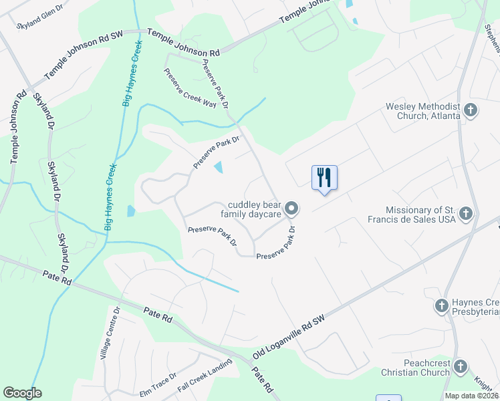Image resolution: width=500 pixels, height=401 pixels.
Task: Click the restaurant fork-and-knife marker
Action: pyautogui.click(x=324, y=178)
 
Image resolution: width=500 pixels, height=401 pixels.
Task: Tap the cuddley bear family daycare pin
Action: pyautogui.click(x=291, y=209)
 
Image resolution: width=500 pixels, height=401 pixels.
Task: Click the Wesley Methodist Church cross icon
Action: pyautogui.click(x=471, y=110)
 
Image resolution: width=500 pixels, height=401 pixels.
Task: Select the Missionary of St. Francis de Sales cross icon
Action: pyautogui.click(x=467, y=214)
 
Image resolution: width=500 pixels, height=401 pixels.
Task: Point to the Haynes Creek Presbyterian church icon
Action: pyautogui.click(x=441, y=306)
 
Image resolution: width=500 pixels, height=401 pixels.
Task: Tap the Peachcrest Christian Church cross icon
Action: pyautogui.click(x=460, y=366)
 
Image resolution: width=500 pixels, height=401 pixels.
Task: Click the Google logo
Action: pyautogui.click(x=23, y=393)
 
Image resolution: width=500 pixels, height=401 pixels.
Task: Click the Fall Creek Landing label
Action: pyautogui.click(x=205, y=376)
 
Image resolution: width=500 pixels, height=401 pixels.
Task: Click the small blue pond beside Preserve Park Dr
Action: pyautogui.click(x=219, y=166)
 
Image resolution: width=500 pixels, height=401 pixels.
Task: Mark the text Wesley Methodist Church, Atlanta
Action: pyautogui.click(x=422, y=111)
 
